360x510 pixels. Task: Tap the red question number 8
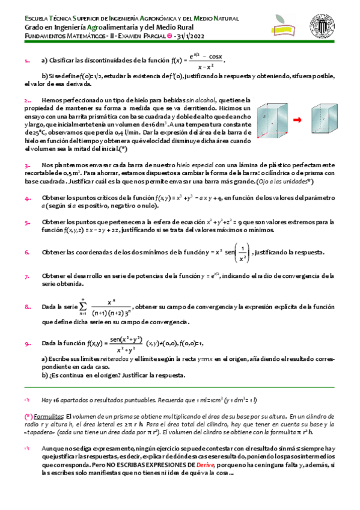click(28, 307)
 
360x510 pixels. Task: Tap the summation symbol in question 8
click(82, 306)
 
